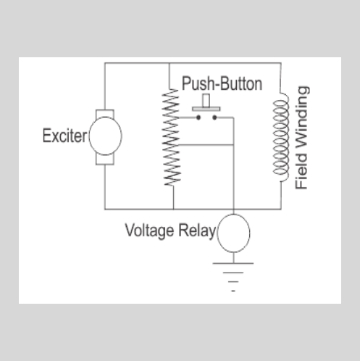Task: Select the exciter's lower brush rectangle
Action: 105,159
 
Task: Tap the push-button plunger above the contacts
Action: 205,103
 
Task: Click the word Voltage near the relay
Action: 148,231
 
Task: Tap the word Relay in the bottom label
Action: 195,231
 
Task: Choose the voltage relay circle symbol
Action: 233,232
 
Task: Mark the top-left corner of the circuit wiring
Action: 105,63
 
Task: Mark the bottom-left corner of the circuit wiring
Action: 105,209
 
